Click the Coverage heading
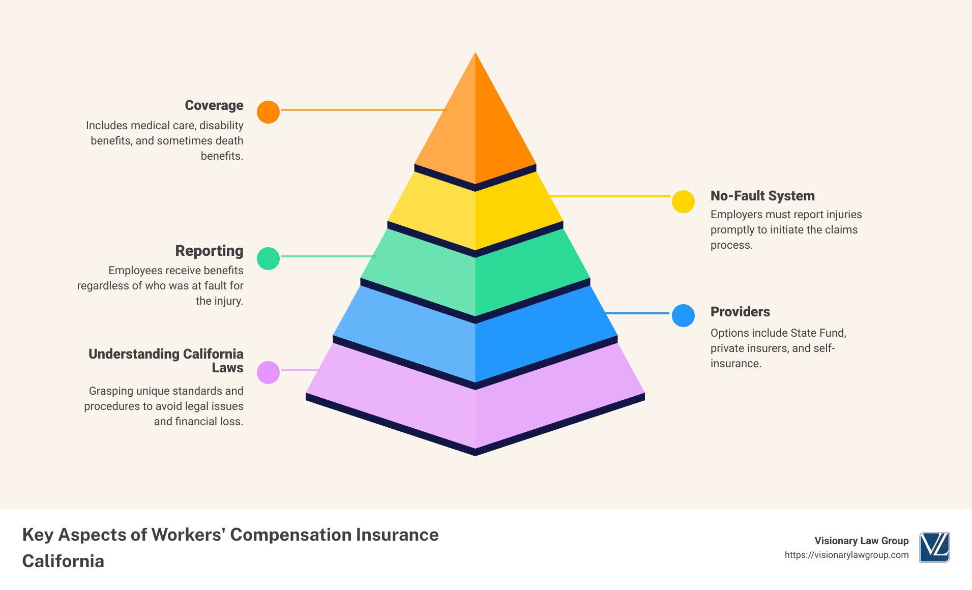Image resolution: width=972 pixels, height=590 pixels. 214,105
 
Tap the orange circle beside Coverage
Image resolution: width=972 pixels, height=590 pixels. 268,112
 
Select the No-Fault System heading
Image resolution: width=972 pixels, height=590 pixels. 762,196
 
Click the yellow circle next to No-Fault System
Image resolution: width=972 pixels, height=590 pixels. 683,201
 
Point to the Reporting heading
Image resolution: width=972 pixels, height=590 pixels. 209,251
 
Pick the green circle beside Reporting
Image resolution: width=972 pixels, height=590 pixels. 268,258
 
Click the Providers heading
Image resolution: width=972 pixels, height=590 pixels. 740,312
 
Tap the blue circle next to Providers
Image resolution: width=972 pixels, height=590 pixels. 683,315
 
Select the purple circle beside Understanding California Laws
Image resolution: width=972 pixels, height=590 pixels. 268,372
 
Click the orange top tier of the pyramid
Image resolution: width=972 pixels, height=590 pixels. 475,127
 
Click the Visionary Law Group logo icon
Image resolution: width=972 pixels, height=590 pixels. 934,547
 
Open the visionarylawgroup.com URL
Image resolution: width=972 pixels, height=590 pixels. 846,555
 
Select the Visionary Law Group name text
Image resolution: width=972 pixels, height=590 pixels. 862,541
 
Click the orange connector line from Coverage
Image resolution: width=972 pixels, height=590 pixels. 364,110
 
